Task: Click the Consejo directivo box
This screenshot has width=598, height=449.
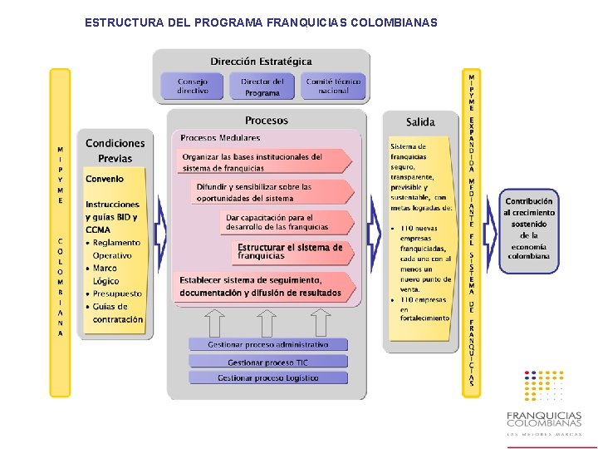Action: pyautogui.click(x=193, y=86)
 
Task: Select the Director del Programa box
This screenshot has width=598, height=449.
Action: pyautogui.click(x=262, y=86)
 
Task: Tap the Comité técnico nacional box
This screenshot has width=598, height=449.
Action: pyautogui.click(x=333, y=86)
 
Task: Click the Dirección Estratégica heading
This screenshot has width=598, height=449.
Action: pyautogui.click(x=261, y=62)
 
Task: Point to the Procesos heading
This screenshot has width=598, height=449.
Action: pyautogui.click(x=267, y=121)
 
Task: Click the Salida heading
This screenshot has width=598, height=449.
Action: pyautogui.click(x=420, y=122)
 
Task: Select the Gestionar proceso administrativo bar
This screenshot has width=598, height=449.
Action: pyautogui.click(x=267, y=344)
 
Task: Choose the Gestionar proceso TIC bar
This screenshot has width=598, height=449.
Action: pyautogui.click(x=267, y=362)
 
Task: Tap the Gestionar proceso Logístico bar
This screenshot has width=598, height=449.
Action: pyautogui.click(x=267, y=378)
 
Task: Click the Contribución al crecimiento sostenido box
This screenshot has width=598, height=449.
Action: pyautogui.click(x=529, y=229)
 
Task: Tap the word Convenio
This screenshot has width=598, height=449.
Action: pyautogui.click(x=105, y=179)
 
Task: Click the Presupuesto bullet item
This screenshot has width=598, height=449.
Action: pyautogui.click(x=117, y=294)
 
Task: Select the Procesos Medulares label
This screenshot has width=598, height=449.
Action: pyautogui.click(x=220, y=138)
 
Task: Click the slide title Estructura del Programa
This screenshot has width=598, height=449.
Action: pyautogui.click(x=261, y=22)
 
